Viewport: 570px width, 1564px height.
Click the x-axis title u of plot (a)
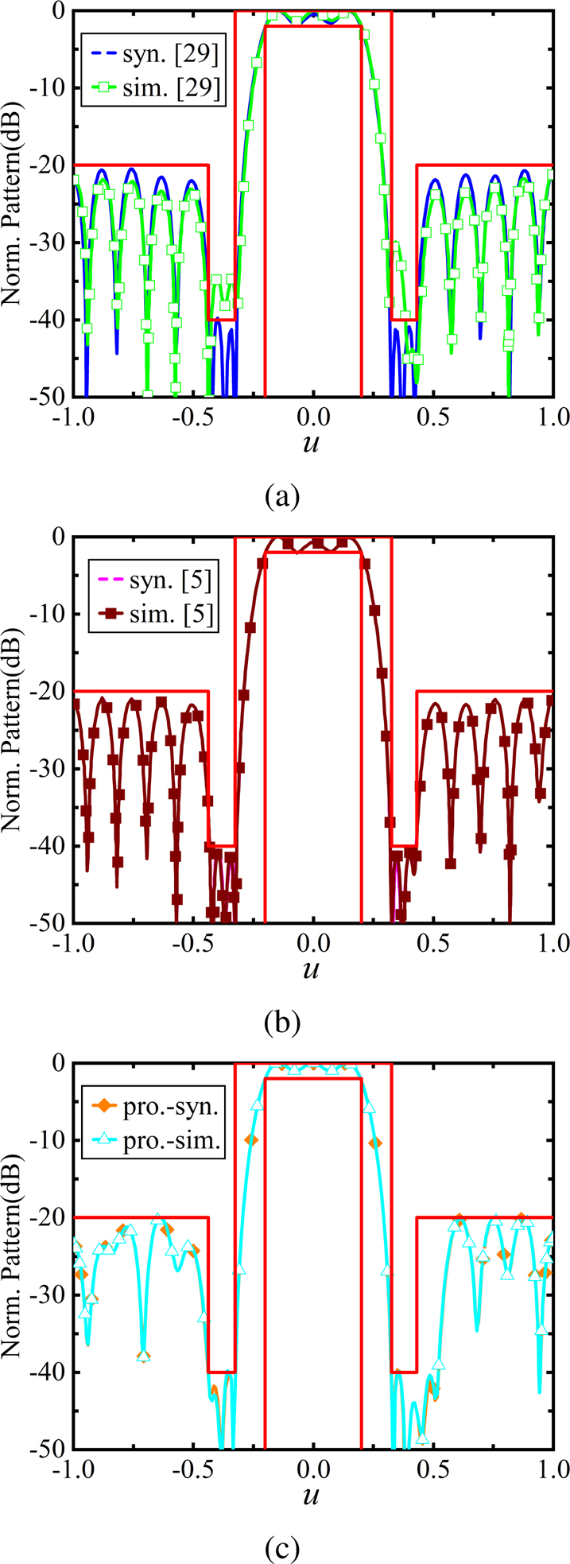312,444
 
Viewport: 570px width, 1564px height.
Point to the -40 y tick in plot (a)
51,320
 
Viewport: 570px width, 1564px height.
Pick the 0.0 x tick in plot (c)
313,1469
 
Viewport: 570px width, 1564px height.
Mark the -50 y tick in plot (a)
51,397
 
